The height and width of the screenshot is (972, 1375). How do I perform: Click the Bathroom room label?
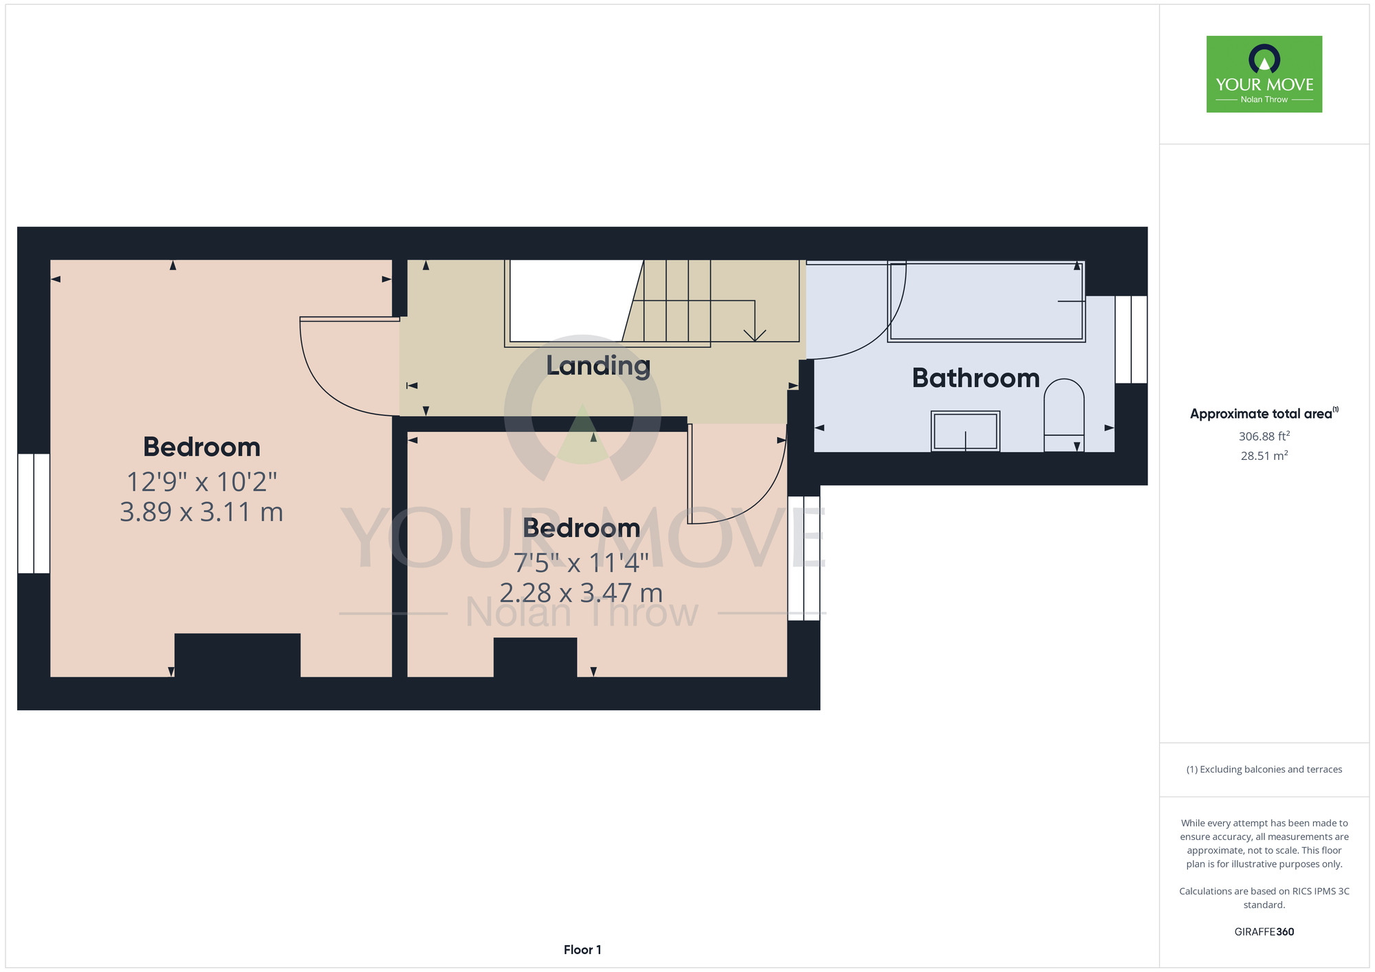[976, 378]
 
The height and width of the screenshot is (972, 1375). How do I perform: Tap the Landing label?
[598, 366]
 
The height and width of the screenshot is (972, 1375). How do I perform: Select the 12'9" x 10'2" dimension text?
[201, 482]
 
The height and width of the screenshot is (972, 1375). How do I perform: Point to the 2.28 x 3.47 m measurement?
[581, 593]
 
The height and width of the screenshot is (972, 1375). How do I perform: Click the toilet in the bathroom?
[1064, 415]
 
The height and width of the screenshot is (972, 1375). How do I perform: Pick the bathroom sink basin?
[965, 431]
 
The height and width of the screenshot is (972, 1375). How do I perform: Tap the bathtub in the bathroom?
[987, 302]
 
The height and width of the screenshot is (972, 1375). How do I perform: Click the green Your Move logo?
[1264, 74]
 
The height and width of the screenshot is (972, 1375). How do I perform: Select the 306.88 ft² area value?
[1264, 436]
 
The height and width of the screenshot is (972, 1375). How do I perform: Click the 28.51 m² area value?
[1264, 456]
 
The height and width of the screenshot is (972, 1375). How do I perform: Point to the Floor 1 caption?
[582, 950]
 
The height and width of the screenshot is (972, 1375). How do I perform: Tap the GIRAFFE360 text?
[1264, 932]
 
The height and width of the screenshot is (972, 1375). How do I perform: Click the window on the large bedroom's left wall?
[34, 513]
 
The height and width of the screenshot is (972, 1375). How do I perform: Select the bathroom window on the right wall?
[1131, 340]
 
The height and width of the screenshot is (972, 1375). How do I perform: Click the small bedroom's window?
[804, 558]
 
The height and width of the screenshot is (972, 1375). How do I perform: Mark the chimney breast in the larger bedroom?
[237, 655]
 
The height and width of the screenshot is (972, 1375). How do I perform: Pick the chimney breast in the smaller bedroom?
[535, 657]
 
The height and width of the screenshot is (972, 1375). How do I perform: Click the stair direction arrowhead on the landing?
[755, 335]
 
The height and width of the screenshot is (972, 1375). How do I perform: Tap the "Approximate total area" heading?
[1264, 413]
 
